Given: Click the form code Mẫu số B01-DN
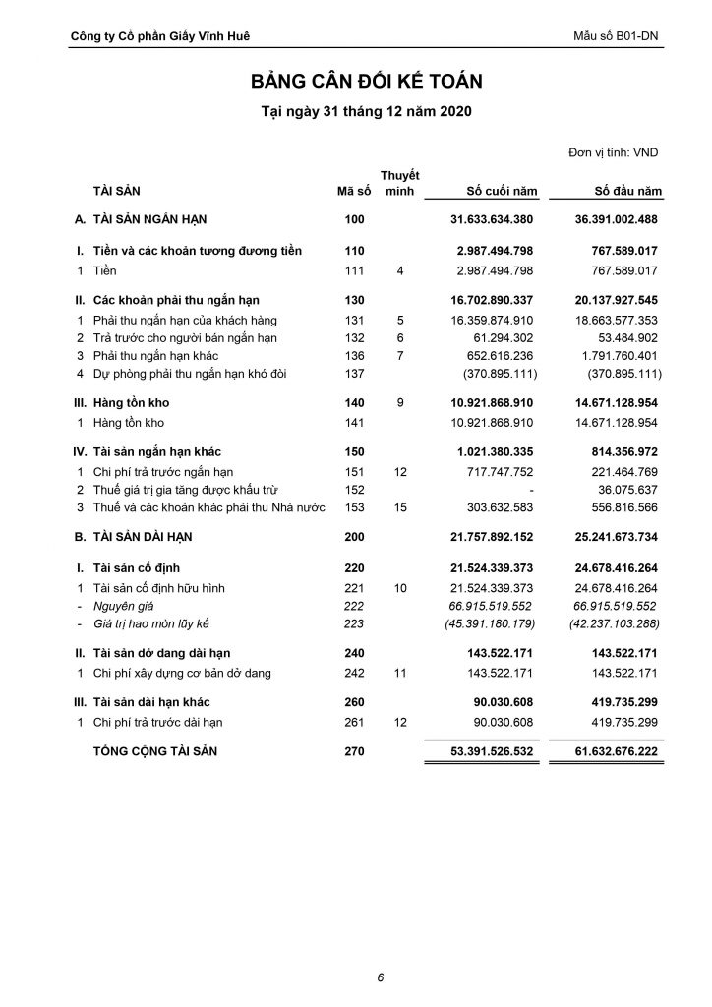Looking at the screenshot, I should click(x=616, y=36).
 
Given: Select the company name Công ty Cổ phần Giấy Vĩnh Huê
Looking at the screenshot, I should click(x=160, y=36).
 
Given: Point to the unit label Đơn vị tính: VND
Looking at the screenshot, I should click(x=614, y=152).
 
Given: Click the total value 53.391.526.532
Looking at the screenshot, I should click(x=478, y=752).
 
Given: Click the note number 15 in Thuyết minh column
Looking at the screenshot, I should click(x=400, y=507).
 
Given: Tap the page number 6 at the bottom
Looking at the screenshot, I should click(x=380, y=977).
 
